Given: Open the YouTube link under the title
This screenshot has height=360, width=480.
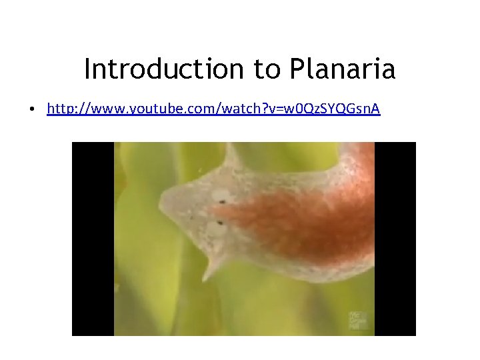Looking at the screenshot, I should pyautogui.click(x=213, y=108).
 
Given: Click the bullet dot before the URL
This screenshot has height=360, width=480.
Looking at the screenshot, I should pyautogui.click(x=32, y=109).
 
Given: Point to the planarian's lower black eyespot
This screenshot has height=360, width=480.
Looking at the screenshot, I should pyautogui.click(x=217, y=222).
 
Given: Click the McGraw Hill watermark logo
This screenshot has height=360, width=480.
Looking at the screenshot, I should pyautogui.click(x=357, y=319).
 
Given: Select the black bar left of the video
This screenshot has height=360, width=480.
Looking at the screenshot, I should pyautogui.click(x=93, y=239).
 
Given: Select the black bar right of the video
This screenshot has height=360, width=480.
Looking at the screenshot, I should pyautogui.click(x=395, y=239).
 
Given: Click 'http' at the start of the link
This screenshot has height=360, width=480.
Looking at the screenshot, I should pyautogui.click(x=59, y=108).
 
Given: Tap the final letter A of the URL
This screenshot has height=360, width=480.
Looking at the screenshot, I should pyautogui.click(x=375, y=108).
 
